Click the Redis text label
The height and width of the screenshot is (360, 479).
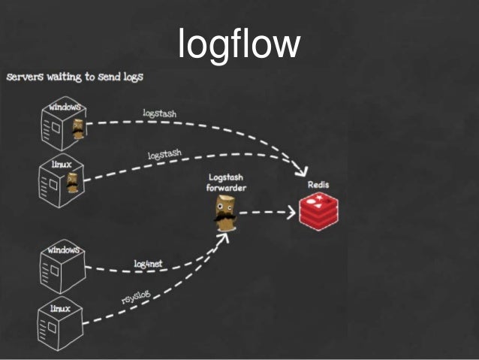318,184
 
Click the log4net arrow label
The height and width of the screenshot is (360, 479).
148,264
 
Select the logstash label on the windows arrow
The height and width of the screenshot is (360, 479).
159,114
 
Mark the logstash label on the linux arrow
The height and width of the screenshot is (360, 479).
164,155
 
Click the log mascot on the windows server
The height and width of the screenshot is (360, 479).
77,130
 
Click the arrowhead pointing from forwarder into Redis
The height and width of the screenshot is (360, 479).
290,213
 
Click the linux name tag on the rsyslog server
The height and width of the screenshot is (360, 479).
60,309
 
